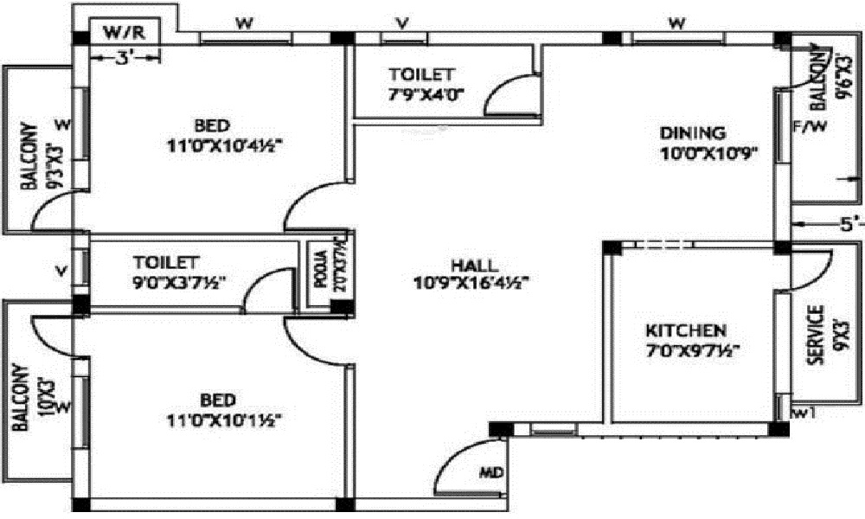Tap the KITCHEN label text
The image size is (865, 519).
[686, 330]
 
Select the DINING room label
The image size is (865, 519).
[692, 133]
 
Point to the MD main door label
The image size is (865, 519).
[490, 474]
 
